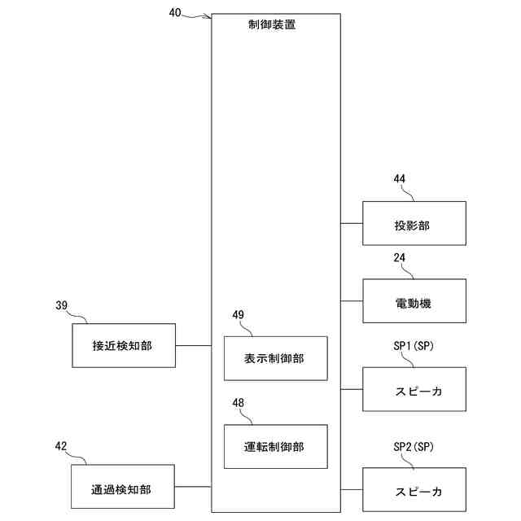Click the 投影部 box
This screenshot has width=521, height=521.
tap(414, 224)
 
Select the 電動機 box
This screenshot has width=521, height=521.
tap(414, 302)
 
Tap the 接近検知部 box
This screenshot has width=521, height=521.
tap(123, 345)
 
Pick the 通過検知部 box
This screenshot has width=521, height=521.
tap(123, 488)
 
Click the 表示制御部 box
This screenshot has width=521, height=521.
tap(275, 358)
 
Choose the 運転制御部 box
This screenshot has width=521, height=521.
tap(275, 446)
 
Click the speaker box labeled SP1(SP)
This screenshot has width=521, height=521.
tap(414, 390)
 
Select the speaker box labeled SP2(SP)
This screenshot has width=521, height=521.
tap(414, 490)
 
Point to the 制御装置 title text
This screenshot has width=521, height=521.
tap(272, 24)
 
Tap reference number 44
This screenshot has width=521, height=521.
tap(399, 179)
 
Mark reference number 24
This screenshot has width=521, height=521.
tap(399, 257)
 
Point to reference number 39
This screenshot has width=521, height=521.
tap(61, 305)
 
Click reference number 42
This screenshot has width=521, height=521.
tap(61, 445)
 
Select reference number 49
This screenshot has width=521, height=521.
tap(238, 314)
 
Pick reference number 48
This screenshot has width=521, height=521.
tap(238, 402)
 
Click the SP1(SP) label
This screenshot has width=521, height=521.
tap(413, 346)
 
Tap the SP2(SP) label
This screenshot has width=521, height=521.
tap(413, 446)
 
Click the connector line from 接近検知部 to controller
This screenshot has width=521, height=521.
tap(193, 345)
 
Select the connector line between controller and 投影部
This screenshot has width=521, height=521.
tap(352, 223)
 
